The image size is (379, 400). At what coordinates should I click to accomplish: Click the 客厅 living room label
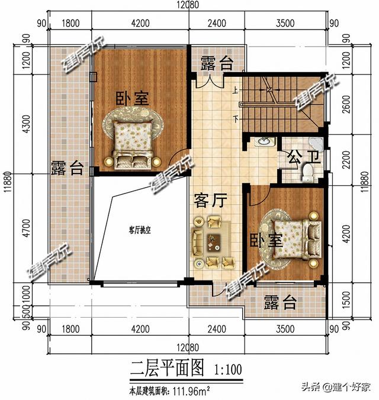tap(207, 201)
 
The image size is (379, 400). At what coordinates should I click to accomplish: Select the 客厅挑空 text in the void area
tap(140, 231)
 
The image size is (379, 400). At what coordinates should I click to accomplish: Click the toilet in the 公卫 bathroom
tap(307, 172)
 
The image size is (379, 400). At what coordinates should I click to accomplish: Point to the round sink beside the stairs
tap(263, 142)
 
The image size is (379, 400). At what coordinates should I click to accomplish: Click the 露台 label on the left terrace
tap(66, 167)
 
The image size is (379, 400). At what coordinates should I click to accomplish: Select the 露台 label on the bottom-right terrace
tap(280, 303)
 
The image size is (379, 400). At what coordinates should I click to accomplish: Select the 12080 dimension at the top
tap(187, 5)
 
